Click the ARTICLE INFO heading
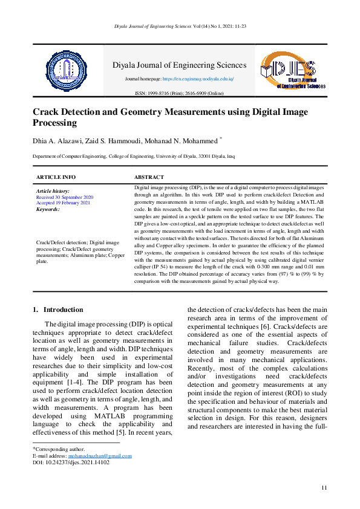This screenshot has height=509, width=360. tap(56, 177)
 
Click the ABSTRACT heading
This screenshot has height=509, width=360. tap(149, 177)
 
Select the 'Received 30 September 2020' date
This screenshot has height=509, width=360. tap(65, 197)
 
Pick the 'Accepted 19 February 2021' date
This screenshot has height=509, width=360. tap(63, 203)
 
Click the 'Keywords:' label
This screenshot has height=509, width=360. tap(48, 209)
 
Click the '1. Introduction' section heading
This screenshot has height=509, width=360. tap(59, 310)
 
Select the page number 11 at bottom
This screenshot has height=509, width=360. tap(324, 487)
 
